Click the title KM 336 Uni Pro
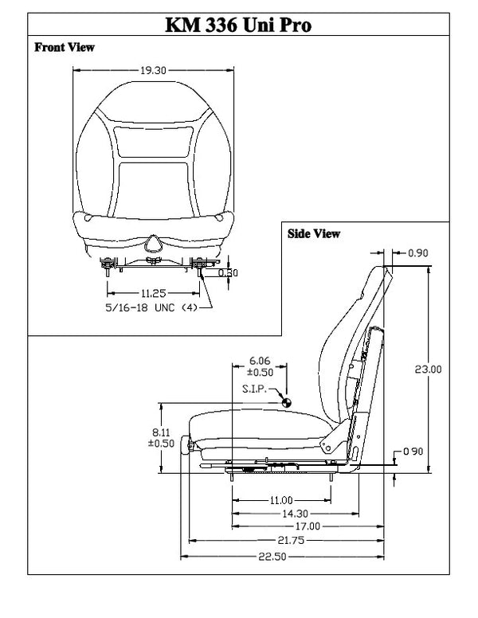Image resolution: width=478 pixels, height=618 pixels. coord(237,25)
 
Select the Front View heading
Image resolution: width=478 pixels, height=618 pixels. coord(65,48)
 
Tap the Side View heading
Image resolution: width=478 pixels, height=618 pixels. coord(313,234)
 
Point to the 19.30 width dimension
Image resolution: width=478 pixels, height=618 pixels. coord(153,70)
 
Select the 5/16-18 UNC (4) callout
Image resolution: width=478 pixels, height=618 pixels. coord(151,307)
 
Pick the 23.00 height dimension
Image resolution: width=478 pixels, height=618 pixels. coord(429,369)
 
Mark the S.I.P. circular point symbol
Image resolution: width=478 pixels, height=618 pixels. coord(284,402)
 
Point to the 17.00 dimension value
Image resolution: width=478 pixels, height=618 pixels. coord(307,526)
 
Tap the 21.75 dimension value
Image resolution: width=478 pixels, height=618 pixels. coord(290,540)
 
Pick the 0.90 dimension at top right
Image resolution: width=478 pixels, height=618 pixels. coord(418,253)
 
